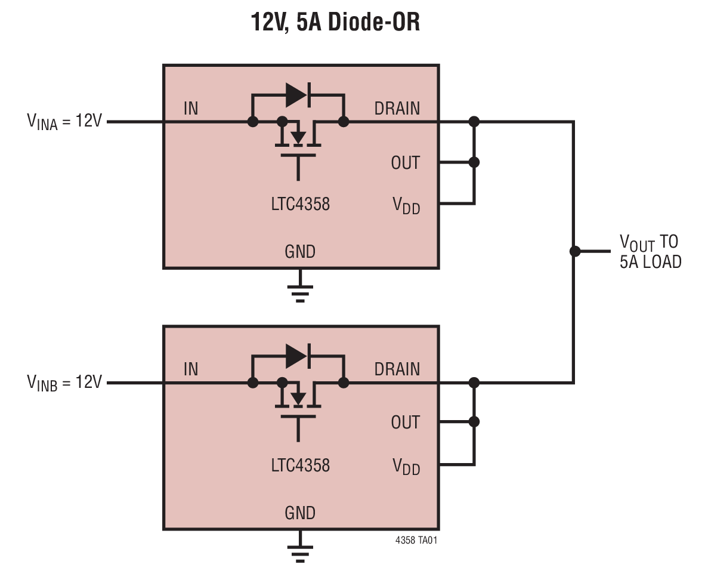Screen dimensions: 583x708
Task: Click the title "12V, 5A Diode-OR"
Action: [335, 23]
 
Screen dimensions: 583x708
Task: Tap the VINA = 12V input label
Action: [64, 122]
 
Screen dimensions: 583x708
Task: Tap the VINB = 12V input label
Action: [64, 383]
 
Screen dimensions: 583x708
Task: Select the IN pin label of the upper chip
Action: [191, 109]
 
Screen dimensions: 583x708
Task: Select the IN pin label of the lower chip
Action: [191, 369]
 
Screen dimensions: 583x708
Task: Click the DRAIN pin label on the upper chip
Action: [397, 109]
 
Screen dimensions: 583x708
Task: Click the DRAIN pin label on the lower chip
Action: [397, 369]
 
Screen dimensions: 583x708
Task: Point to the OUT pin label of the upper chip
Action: [406, 162]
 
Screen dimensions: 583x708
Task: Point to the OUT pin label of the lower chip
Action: [406, 422]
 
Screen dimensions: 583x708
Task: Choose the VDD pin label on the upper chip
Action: [406, 206]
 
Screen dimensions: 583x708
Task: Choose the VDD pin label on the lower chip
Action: [406, 467]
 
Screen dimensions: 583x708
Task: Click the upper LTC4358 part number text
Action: [300, 204]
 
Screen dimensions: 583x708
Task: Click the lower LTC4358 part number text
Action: [300, 465]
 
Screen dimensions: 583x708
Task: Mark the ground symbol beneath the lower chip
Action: [300, 553]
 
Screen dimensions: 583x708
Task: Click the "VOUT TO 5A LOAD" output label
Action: [650, 251]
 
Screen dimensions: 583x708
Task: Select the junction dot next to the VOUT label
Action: [574, 251]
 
